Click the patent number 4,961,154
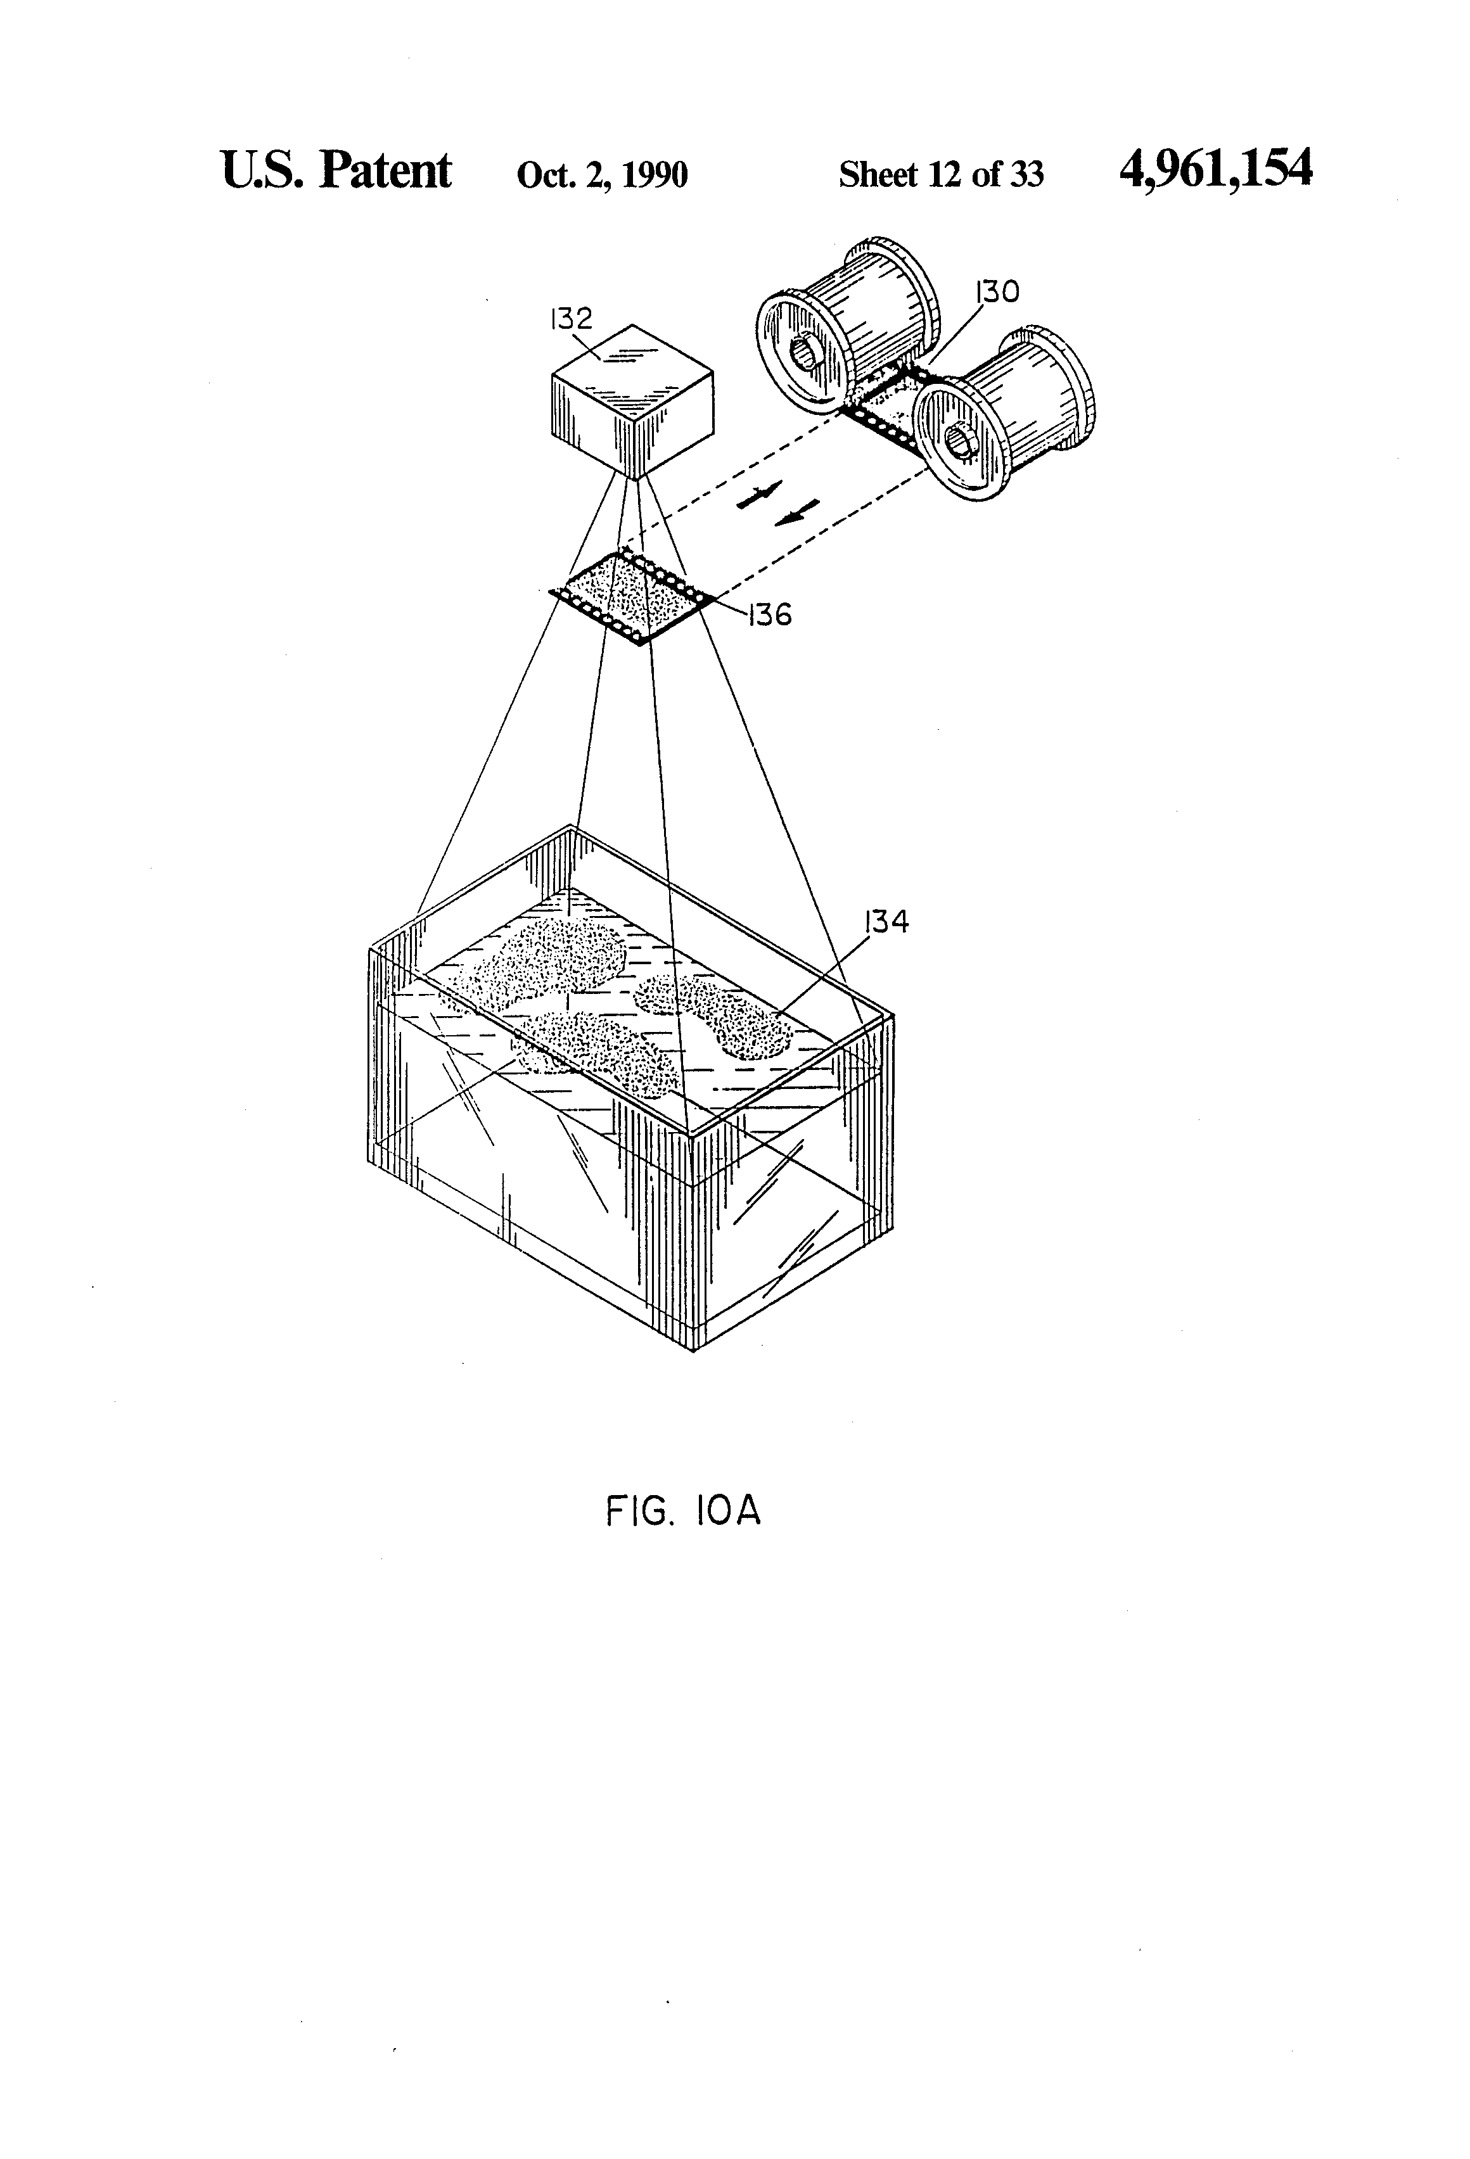(x=1215, y=170)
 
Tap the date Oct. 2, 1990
(x=602, y=175)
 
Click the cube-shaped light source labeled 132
(x=632, y=400)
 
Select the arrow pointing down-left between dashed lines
(x=797, y=513)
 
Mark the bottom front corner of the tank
(x=693, y=1349)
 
